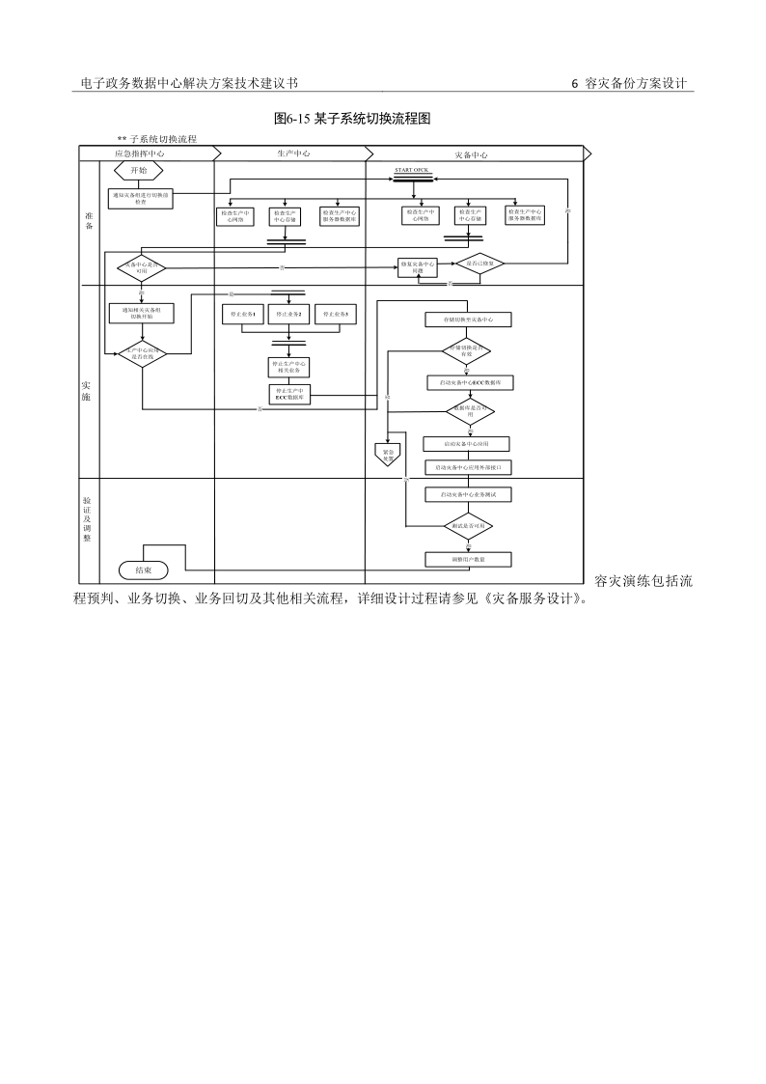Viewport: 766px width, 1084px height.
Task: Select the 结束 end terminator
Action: click(143, 570)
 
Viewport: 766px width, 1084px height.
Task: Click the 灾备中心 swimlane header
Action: click(471, 153)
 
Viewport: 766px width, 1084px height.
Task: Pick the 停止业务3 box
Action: click(338, 315)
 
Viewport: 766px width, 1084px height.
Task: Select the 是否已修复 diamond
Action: click(480, 264)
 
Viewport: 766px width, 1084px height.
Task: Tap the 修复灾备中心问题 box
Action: click(418, 267)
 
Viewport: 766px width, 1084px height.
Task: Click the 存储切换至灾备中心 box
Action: click(468, 320)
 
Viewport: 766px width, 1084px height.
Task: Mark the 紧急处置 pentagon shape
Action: click(388, 451)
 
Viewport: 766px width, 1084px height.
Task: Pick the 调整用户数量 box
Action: click(468, 559)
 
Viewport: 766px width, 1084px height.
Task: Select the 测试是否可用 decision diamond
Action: click(468, 526)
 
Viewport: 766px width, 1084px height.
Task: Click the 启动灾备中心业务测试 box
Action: click(468, 494)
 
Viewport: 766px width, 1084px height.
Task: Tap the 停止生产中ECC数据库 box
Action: click(289, 394)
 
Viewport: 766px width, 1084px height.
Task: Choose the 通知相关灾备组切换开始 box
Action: click(142, 313)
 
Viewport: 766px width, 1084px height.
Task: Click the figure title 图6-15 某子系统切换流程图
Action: click(352, 119)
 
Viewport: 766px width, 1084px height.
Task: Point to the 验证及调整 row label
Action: click(87, 519)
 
